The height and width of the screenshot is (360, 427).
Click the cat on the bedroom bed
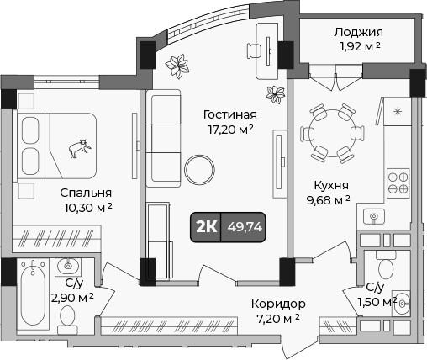[81, 148]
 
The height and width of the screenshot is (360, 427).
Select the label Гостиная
[230, 114]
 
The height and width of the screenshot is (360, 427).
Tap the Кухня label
[328, 184]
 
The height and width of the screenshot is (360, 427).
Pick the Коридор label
[277, 304]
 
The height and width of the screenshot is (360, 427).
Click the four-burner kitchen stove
[397, 182]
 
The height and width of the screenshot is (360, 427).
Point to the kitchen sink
[374, 217]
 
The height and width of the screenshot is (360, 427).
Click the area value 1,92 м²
[357, 47]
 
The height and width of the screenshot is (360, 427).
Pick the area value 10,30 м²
[87, 206]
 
